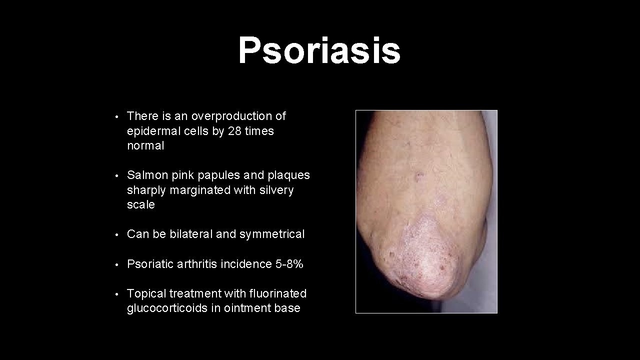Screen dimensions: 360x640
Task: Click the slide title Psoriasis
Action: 319,51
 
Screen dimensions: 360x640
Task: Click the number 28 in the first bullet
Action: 234,131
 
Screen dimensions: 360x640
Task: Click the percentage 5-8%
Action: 289,264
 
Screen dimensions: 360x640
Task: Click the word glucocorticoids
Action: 167,308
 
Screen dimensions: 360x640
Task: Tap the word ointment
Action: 241,308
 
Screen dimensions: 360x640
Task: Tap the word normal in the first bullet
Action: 145,145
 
